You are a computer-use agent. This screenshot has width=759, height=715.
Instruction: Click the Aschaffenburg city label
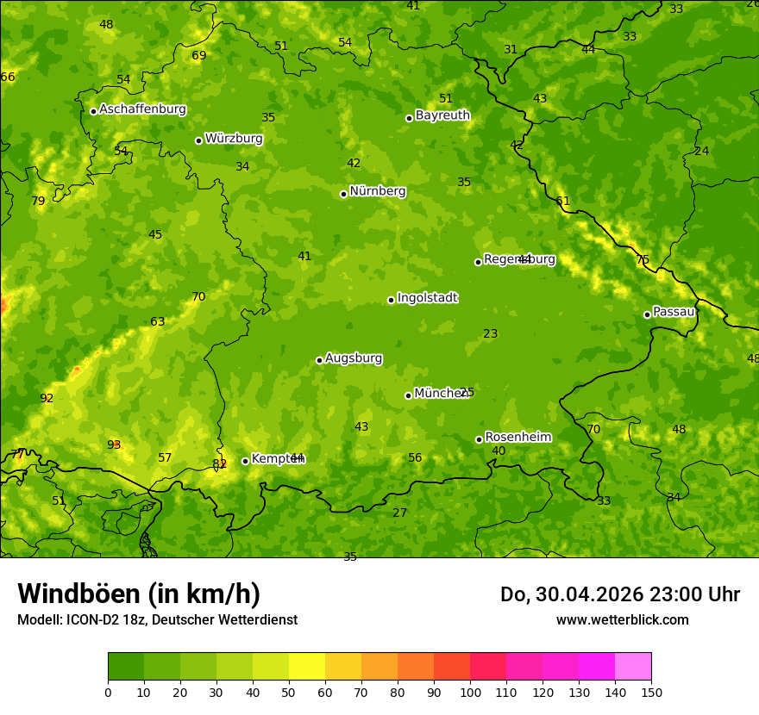(142, 109)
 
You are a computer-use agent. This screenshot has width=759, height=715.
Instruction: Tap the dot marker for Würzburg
(198, 140)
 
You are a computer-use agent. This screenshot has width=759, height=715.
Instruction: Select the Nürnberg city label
(377, 191)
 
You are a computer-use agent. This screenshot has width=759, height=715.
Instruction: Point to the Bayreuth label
(442, 115)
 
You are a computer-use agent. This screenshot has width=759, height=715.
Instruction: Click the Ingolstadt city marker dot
(391, 300)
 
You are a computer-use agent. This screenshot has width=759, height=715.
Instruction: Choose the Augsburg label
(354, 358)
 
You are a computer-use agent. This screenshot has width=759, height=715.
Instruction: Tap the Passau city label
(674, 312)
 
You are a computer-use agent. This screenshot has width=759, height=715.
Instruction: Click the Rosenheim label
(517, 438)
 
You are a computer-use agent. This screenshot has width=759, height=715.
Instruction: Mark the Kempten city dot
(245, 461)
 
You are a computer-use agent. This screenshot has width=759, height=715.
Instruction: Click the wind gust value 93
(114, 445)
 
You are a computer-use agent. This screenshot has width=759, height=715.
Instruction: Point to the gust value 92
(47, 398)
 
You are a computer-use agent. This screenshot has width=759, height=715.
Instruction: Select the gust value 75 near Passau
(643, 259)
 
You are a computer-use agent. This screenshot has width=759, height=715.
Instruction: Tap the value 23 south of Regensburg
(490, 333)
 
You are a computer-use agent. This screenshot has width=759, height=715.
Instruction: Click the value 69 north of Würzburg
(199, 55)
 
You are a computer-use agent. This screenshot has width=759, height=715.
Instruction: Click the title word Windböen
(78, 594)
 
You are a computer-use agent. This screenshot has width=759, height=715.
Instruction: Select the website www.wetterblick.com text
(622, 620)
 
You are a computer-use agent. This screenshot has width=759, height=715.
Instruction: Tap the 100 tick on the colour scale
(470, 692)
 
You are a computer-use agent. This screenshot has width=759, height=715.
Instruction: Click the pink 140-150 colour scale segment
(633, 666)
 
